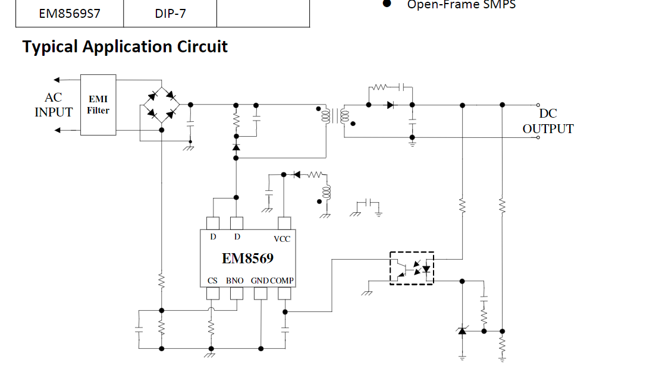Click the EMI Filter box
coord(98,105)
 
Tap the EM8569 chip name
coord(247,259)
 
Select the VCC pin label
coord(282,238)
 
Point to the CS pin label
coord(212,281)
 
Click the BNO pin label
coord(235,281)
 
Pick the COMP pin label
coord(282,281)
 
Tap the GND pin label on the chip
coord(260,281)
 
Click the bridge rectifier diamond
coord(161,105)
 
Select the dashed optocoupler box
coord(412,268)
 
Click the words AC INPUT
coord(54,105)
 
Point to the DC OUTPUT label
coord(548,121)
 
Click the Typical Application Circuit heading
coord(125,47)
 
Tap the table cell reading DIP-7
coord(170,13)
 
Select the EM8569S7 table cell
coord(70,13)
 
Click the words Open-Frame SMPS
coord(461,5)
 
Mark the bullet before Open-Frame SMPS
coord(387,4)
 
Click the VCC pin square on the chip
coord(285,223)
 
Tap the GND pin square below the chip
coord(260,294)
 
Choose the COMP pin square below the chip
coord(285,294)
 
